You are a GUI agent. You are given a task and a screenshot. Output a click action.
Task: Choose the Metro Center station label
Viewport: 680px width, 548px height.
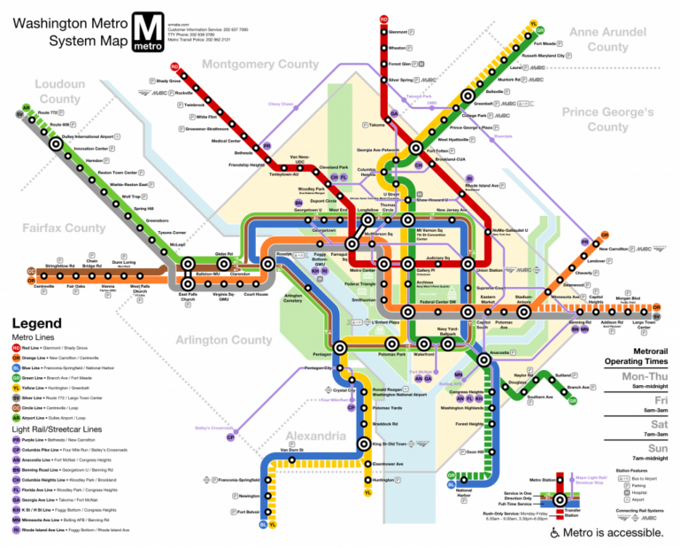(362, 270)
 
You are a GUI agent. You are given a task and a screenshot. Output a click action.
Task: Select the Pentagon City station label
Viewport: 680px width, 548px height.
(318, 367)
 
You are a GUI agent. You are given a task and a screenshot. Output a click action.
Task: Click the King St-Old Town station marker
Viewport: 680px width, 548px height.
(361, 444)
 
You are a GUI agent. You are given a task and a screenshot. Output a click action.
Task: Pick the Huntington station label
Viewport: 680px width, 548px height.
(384, 480)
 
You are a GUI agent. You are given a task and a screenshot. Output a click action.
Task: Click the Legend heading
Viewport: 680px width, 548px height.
(36, 323)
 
